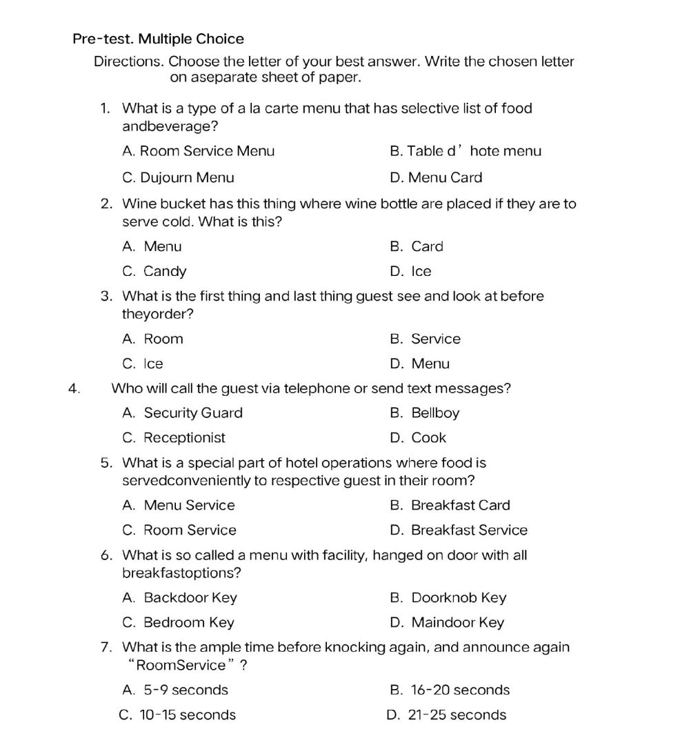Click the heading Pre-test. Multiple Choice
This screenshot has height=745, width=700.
[158, 39]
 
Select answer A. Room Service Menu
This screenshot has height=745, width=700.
[198, 151]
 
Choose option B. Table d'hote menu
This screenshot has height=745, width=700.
[466, 151]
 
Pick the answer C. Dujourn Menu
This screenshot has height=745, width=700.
[178, 178]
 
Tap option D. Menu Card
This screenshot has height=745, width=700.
[436, 178]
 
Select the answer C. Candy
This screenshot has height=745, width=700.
[154, 272]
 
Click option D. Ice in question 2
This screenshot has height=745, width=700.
[411, 272]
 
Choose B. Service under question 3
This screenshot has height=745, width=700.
[425, 339]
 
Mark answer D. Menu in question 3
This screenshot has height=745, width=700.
[419, 364]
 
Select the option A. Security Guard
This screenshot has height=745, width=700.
[183, 413]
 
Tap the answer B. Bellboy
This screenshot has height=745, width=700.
[425, 413]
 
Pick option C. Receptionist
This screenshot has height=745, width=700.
[174, 438]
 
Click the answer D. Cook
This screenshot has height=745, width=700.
[419, 438]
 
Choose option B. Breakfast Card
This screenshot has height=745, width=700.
[450, 506]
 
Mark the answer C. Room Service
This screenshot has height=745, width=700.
[179, 530]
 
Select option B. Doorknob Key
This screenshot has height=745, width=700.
[448, 598]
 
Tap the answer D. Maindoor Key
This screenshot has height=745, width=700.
[447, 623]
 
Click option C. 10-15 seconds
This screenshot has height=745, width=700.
[178, 715]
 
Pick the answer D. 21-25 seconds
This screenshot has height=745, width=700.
[447, 715]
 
